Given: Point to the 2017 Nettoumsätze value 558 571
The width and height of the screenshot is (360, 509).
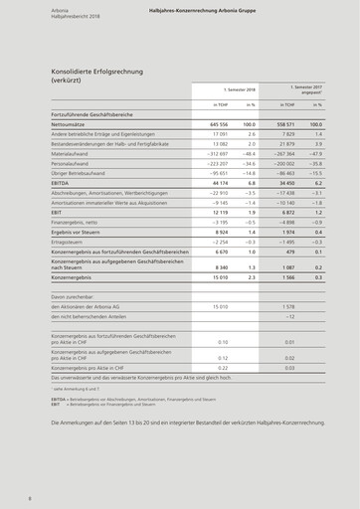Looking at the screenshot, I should pos(284,123).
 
